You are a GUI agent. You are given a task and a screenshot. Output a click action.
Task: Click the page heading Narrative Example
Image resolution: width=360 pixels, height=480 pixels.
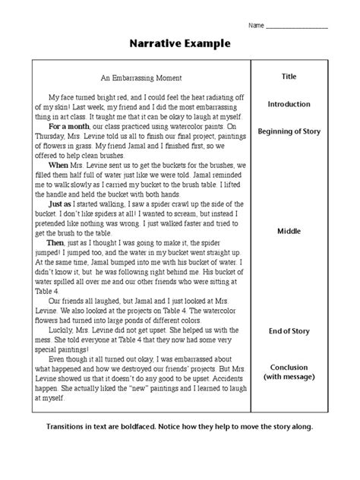pos(179,44)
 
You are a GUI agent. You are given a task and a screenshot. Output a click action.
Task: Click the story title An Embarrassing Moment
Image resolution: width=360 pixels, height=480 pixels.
pos(141,77)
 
